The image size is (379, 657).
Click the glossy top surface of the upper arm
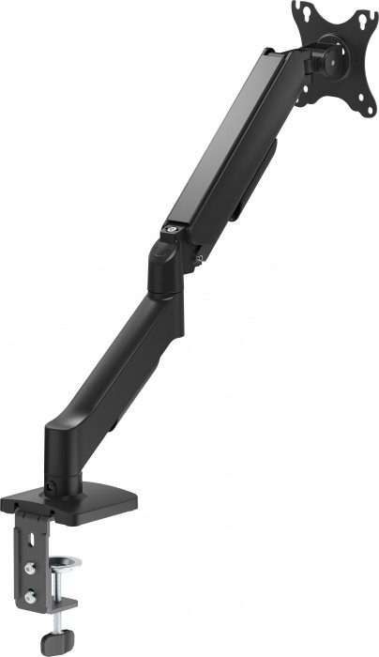coord(220,141)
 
